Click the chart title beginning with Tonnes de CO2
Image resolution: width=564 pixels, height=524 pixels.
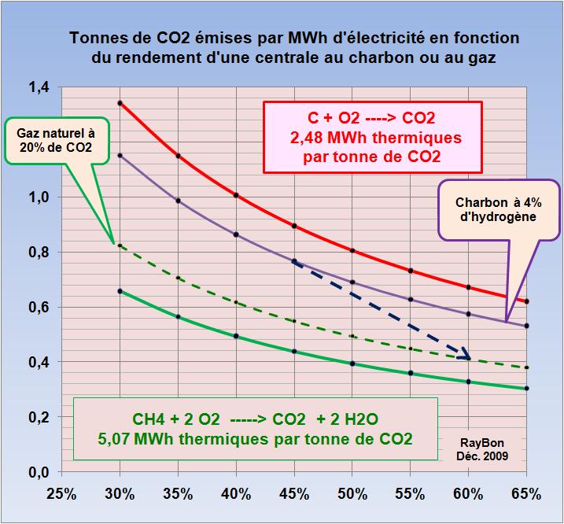tap(295, 47)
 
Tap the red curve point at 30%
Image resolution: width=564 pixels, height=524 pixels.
tap(120, 103)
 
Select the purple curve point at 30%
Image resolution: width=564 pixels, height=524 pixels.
tap(120, 155)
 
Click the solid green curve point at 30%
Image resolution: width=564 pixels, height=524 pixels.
tap(120, 291)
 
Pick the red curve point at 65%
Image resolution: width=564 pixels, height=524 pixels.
tap(526, 301)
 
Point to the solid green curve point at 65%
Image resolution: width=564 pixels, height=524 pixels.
tap(526, 388)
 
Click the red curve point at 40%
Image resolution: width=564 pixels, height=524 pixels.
tap(236, 194)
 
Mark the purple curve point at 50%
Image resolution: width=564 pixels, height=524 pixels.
tap(352, 282)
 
